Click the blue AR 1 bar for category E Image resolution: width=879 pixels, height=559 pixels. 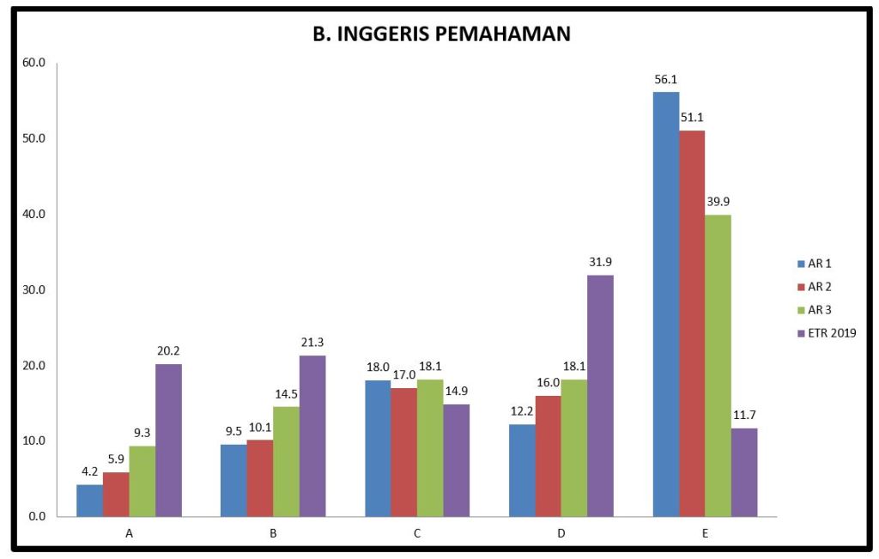click(x=666, y=304)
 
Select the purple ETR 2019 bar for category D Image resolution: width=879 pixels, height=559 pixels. click(x=600, y=396)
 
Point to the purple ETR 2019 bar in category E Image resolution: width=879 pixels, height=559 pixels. click(x=744, y=472)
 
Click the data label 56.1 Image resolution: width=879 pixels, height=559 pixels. click(x=666, y=80)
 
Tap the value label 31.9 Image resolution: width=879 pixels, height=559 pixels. click(x=600, y=263)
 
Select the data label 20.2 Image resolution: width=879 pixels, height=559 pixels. click(x=168, y=351)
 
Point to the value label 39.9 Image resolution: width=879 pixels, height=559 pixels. click(x=718, y=202)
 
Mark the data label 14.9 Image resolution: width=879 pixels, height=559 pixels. click(x=456, y=392)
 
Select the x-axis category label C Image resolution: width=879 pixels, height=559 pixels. click(x=416, y=533)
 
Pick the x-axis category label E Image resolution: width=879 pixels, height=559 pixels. click(x=705, y=533)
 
